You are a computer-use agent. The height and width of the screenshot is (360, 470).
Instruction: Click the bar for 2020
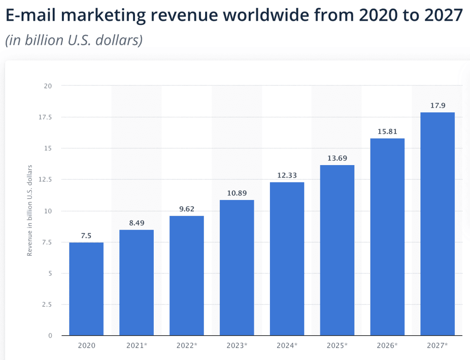86,289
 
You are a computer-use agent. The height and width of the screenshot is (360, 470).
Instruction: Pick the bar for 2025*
337,250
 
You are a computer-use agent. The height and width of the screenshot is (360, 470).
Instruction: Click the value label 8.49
136,223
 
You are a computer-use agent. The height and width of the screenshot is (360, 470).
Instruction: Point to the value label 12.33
287,176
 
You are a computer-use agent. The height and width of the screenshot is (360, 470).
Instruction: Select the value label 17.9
437,106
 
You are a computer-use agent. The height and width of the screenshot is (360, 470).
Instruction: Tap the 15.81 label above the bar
387,132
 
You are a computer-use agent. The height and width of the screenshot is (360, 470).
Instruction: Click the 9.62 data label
186,209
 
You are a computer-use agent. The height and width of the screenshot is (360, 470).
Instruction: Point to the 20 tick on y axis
48,86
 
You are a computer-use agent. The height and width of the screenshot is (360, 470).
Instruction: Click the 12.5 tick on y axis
45,180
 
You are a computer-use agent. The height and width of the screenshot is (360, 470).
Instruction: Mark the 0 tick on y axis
50,336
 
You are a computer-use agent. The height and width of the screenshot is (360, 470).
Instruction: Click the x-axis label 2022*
186,345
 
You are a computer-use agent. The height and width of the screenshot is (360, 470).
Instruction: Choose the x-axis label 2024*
287,345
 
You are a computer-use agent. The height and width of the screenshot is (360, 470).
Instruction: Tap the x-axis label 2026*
387,345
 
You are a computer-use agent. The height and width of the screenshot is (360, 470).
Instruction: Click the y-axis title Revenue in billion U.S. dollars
30,210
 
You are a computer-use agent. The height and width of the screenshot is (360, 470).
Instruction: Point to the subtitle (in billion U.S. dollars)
74,40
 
